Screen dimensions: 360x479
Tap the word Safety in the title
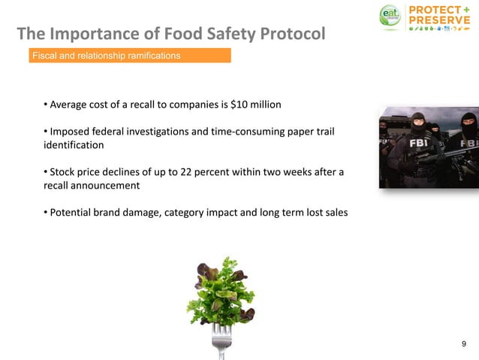(218, 34)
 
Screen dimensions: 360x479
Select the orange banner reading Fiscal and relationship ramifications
(129, 56)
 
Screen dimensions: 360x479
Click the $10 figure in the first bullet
(239, 103)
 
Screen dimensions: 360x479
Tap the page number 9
(463, 343)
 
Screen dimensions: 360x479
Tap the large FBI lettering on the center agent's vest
(418, 142)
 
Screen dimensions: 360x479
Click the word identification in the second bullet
(74, 144)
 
